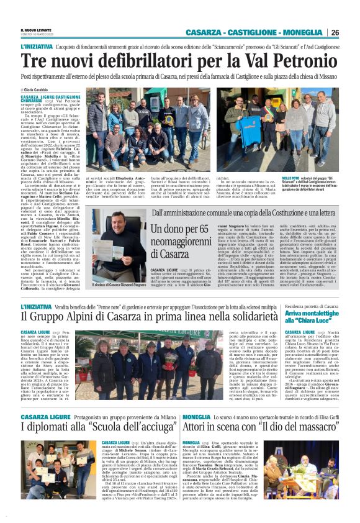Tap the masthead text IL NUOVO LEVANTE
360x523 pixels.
coord(37,29)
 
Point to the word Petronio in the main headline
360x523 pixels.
coord(297,61)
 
